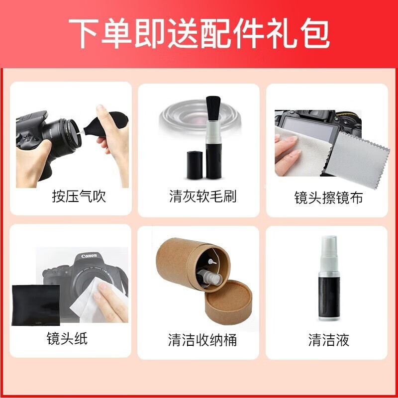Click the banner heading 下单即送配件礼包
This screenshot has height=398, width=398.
199,32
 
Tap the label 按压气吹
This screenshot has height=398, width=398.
79,197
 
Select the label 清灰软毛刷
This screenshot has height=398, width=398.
202,197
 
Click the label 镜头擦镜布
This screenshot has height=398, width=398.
328,198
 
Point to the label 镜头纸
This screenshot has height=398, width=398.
67,339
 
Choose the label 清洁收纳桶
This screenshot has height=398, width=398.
202,340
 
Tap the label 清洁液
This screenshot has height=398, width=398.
328,340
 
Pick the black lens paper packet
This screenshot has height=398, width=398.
35,305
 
